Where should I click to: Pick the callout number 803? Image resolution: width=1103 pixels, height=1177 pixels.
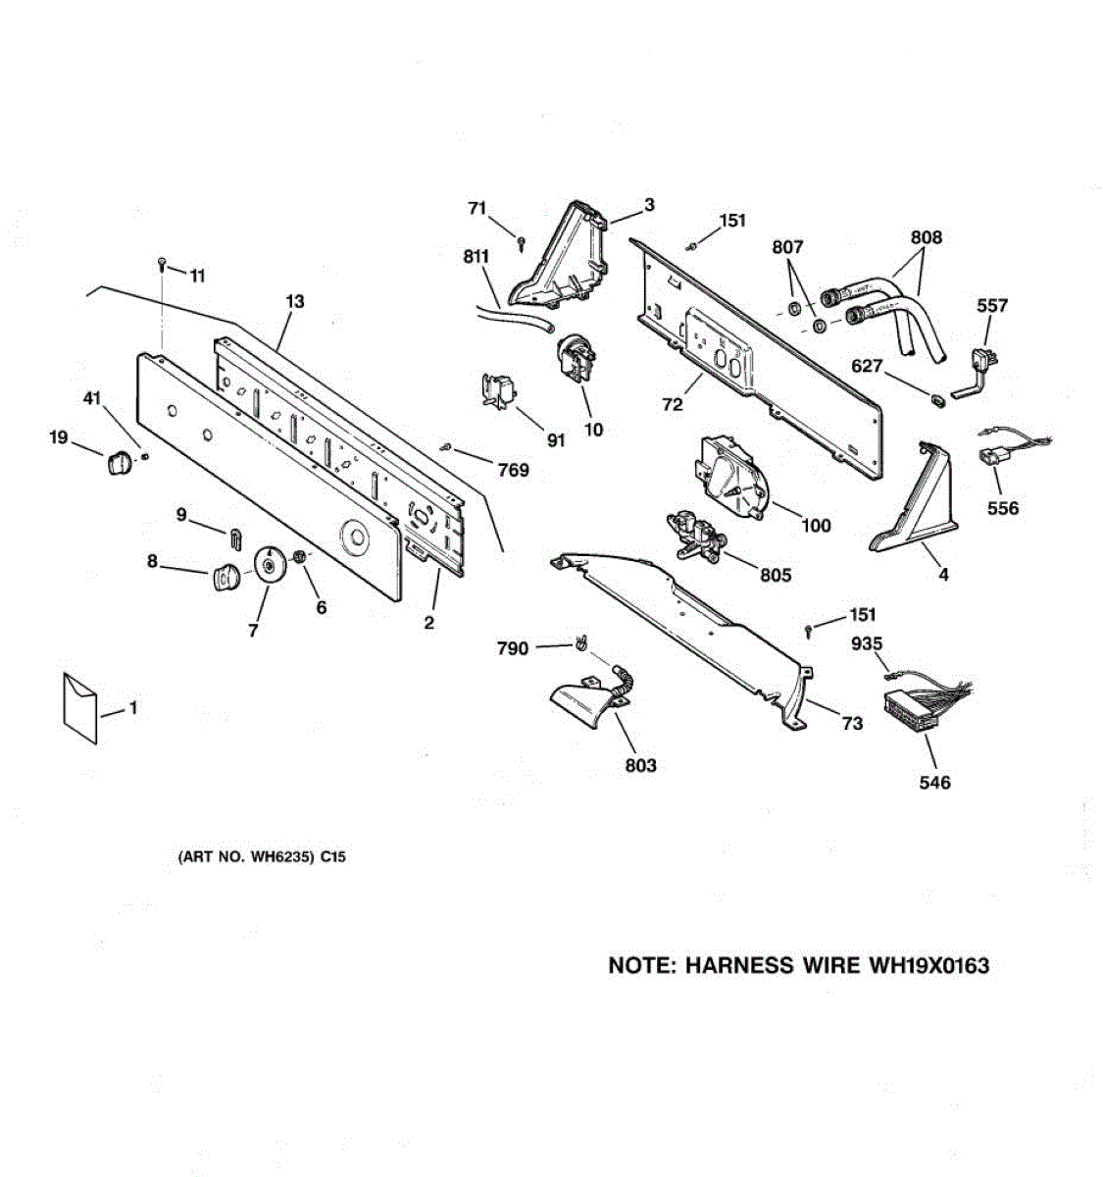tap(640, 765)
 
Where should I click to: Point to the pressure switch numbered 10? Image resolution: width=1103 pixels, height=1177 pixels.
tap(577, 358)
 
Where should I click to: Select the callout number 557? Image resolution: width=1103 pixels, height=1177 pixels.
tap(992, 306)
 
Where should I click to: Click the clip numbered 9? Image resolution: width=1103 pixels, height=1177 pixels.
tap(236, 537)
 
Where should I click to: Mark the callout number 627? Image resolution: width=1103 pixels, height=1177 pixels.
tap(868, 366)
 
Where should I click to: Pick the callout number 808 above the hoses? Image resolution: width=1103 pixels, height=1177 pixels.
tap(927, 237)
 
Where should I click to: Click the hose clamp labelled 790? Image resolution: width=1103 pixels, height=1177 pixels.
tap(581, 644)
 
